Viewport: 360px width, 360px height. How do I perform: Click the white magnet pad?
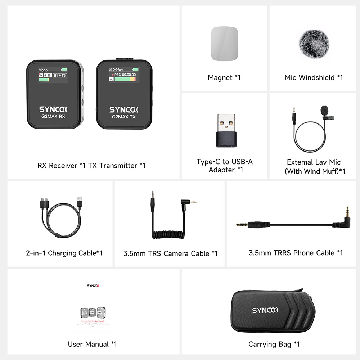224,44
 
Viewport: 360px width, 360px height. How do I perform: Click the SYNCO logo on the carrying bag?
265,310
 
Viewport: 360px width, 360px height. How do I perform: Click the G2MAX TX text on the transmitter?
123,117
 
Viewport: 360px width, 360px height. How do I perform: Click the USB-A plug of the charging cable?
80,202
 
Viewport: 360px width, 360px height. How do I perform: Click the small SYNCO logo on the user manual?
93,286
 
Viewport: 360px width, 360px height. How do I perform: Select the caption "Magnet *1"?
224,77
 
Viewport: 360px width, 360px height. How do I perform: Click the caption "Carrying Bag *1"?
274,344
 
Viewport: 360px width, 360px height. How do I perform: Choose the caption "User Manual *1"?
93,344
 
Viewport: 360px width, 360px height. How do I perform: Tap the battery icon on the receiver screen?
64,69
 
